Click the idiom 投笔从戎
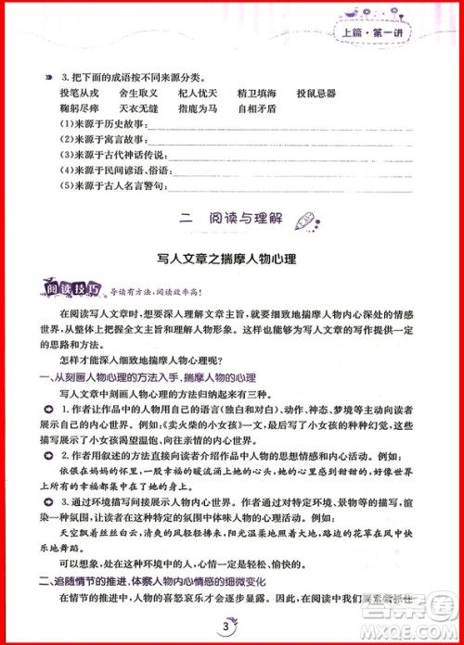coord(79,94)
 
